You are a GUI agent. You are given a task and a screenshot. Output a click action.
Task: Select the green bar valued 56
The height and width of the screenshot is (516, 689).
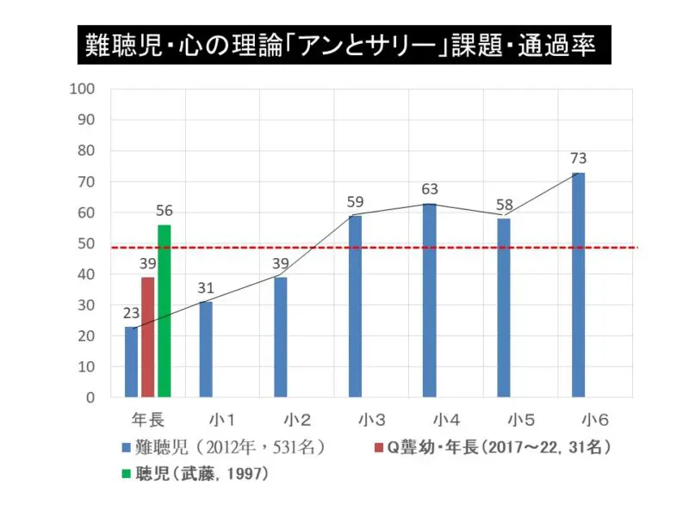(164, 310)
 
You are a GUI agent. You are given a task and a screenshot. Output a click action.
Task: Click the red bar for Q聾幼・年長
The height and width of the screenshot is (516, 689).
(147, 337)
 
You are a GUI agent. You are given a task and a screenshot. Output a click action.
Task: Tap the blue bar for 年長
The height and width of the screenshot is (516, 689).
(131, 362)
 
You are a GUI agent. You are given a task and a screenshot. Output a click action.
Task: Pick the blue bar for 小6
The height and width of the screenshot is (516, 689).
(578, 285)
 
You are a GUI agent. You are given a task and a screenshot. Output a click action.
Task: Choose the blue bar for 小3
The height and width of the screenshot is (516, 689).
(355, 306)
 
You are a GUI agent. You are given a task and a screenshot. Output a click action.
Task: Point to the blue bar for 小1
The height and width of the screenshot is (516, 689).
(205, 349)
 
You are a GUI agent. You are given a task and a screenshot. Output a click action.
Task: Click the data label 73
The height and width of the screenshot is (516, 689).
(578, 159)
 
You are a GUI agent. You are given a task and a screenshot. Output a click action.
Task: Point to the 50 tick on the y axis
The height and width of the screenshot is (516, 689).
(86, 243)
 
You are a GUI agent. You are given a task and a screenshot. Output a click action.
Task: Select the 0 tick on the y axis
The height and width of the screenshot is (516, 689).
(90, 397)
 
